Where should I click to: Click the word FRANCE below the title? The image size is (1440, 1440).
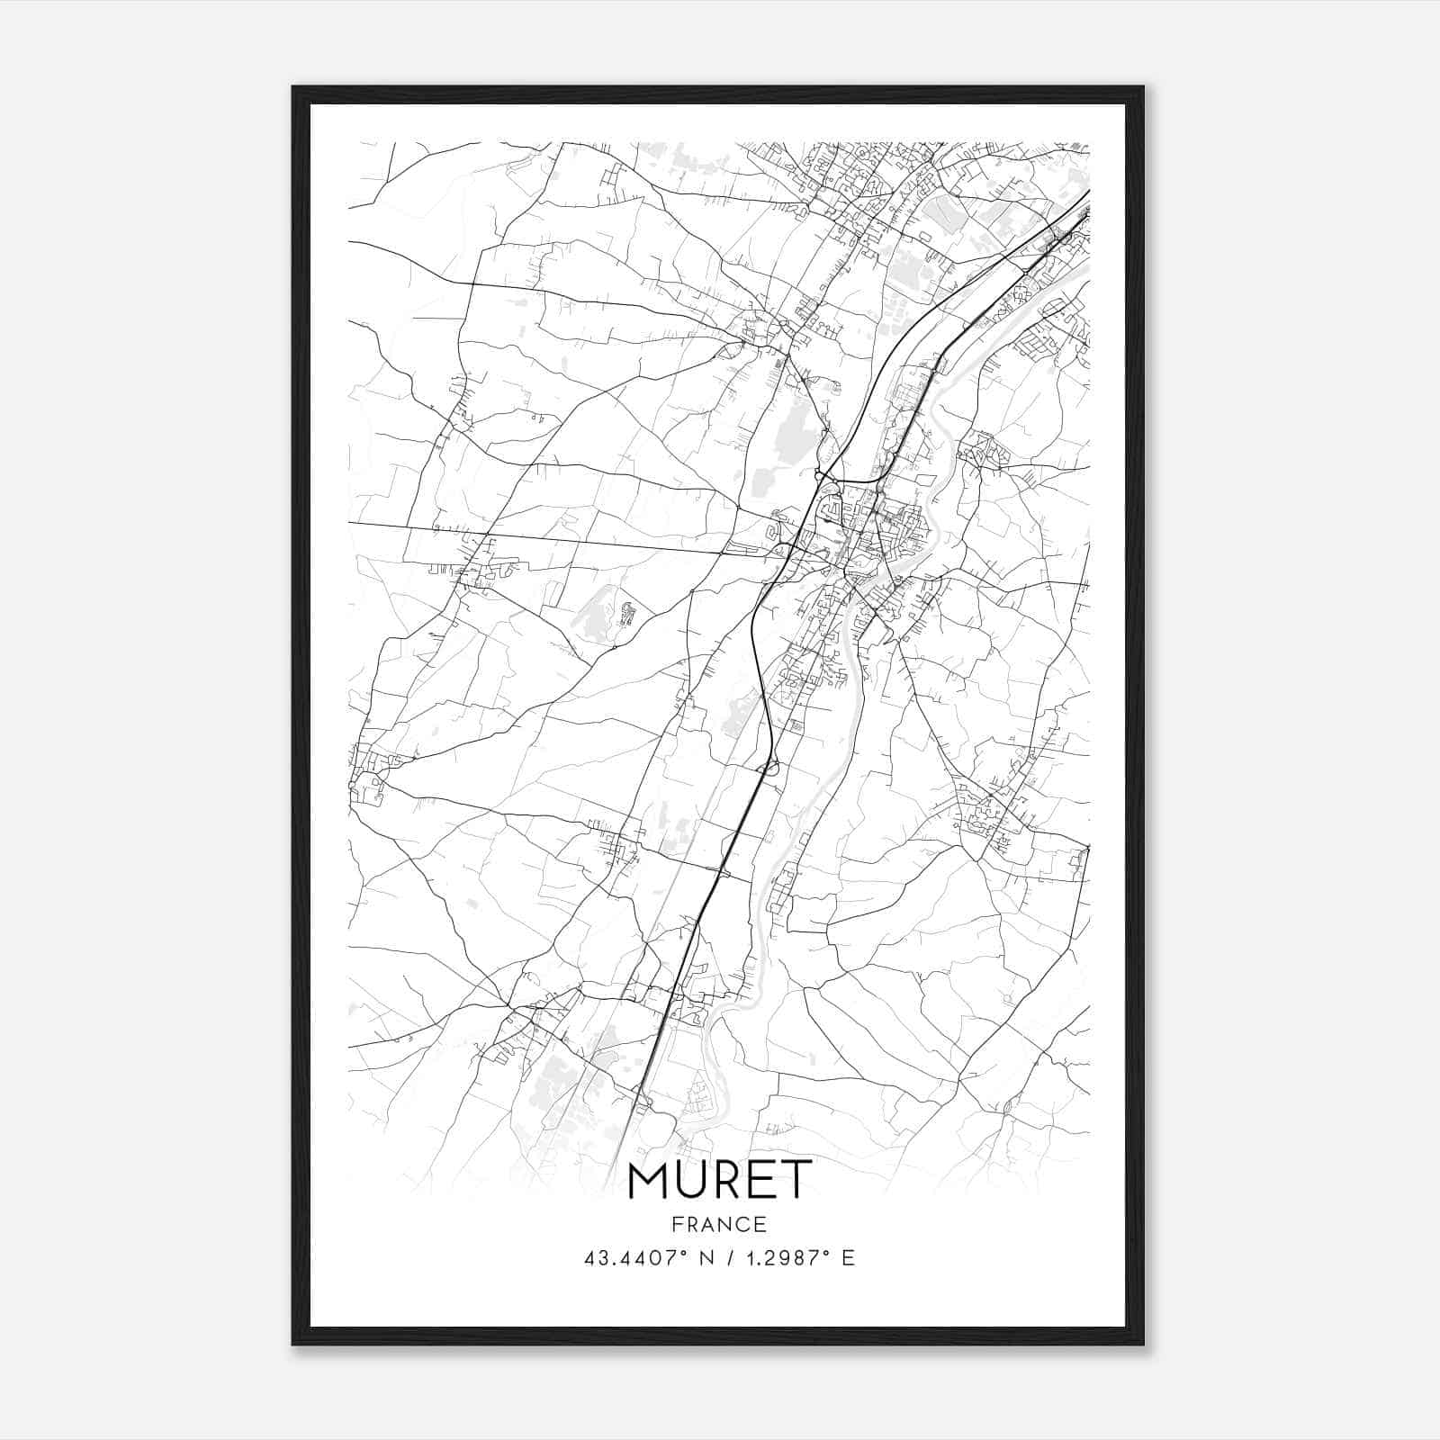tap(719, 1224)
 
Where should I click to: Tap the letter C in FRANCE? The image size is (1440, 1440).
tap(742, 1224)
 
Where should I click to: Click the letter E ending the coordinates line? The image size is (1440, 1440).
tap(848, 1258)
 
